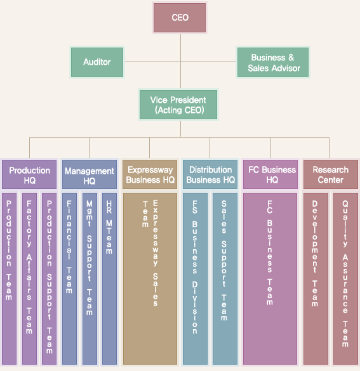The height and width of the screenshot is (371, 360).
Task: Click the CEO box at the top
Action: point(180,18)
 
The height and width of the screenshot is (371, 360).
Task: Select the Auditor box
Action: point(97,62)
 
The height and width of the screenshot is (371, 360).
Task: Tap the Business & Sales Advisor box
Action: point(273,62)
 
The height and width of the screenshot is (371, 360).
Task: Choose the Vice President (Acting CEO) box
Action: point(178,105)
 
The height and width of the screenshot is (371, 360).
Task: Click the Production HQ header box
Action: point(29,174)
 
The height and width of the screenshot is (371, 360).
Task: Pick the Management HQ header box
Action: point(90,174)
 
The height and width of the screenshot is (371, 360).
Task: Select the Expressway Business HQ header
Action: point(150,174)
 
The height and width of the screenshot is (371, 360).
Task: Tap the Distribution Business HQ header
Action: point(210,174)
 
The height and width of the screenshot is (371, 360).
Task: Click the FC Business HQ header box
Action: point(270,174)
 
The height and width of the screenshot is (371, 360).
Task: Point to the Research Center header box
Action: point(331,174)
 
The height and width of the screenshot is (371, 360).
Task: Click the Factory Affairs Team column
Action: point(29,278)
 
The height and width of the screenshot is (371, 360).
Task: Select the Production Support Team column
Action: point(50,278)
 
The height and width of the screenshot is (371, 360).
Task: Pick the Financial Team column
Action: point(69,278)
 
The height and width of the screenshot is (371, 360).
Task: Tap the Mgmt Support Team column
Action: point(90,278)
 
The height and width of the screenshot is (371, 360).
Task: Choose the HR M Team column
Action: point(109,278)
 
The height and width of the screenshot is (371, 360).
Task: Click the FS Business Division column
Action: point(195,278)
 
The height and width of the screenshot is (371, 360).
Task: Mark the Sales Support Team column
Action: point(225,278)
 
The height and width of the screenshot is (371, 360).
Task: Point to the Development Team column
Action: point(316,278)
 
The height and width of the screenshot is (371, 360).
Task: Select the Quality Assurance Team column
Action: point(345,278)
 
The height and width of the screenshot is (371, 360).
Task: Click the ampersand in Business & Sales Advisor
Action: point(291,57)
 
